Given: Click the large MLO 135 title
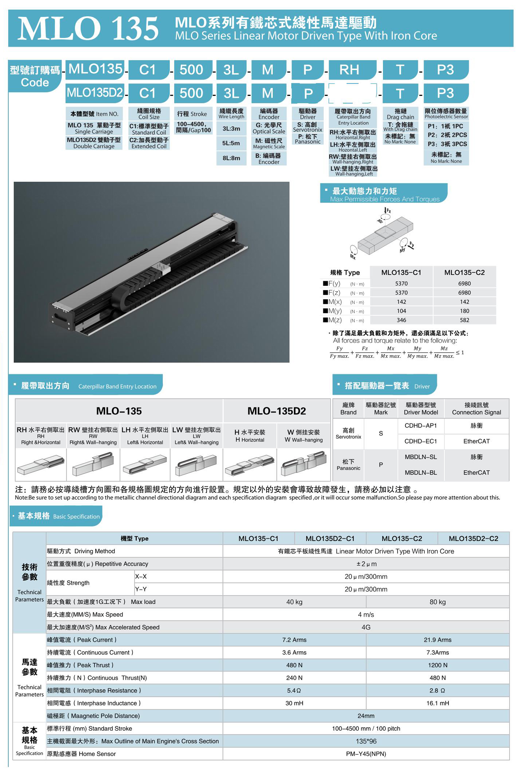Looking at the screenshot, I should pyautogui.click(x=88, y=29).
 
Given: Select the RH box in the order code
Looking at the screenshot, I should pyautogui.click(x=349, y=70).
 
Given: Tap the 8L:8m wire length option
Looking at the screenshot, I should pyautogui.click(x=231, y=158).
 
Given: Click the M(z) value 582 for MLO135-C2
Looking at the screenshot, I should pyautogui.click(x=464, y=320).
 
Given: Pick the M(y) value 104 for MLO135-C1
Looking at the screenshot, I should pyautogui.click(x=401, y=311).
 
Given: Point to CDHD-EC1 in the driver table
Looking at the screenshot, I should pyautogui.click(x=421, y=441).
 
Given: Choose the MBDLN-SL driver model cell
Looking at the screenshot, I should pyautogui.click(x=421, y=457).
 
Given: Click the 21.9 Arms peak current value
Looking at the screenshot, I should pyautogui.click(x=438, y=640).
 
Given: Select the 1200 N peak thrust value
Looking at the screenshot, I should pyautogui.click(x=438, y=665).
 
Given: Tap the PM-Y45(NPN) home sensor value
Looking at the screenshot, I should pyautogui.click(x=366, y=754).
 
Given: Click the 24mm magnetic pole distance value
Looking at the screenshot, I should pyautogui.click(x=366, y=716).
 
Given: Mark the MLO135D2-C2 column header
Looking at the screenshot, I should pyautogui.click(x=473, y=538).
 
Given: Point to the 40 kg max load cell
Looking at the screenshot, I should pyautogui.click(x=294, y=602).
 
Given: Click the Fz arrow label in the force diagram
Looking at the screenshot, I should pyautogui.click(x=388, y=211).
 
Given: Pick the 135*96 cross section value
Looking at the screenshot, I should pyautogui.click(x=366, y=741).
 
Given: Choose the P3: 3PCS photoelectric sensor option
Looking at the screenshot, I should pyautogui.click(x=447, y=144).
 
